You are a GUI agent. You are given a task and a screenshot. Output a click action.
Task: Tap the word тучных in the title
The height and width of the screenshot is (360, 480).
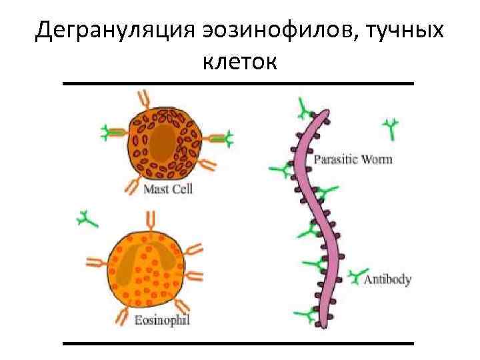[x=406, y=29]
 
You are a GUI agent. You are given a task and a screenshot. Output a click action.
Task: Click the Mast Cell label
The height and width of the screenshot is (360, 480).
[x=168, y=189]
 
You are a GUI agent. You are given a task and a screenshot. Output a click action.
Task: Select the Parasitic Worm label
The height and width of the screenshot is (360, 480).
[x=353, y=159]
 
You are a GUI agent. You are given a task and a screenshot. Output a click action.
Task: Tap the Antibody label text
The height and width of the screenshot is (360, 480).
[x=388, y=279]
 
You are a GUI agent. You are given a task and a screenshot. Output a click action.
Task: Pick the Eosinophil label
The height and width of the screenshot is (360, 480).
[x=162, y=321]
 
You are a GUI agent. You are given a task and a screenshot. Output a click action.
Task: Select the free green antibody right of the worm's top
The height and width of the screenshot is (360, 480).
[x=391, y=126]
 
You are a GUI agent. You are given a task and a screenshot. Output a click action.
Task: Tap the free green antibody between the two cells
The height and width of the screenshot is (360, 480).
[x=86, y=218]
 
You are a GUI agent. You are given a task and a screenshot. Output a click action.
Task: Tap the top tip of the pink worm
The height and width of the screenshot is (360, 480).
[x=326, y=111]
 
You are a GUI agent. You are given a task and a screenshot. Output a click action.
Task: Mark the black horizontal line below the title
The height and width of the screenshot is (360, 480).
[x=238, y=83]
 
